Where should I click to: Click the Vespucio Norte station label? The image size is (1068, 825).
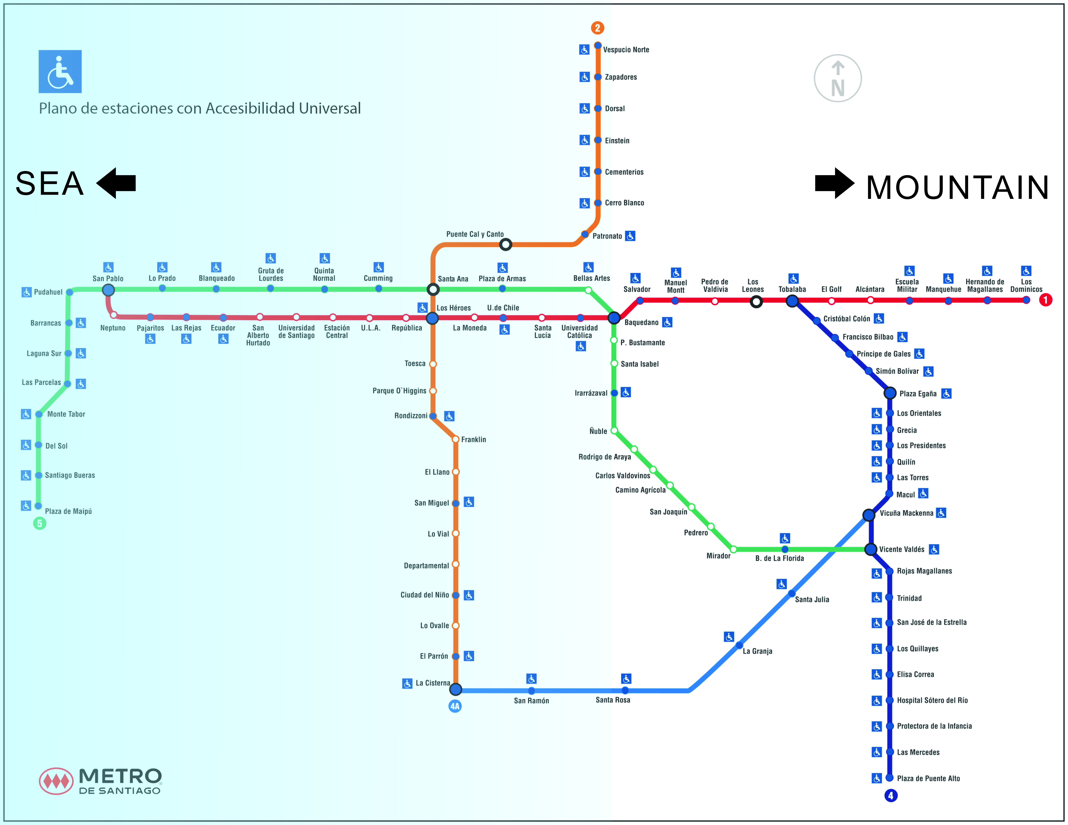coord(626,49)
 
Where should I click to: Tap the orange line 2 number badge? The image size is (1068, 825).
coord(597,28)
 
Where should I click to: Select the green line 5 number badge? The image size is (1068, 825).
coord(40,523)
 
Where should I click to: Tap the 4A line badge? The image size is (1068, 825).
coord(455,706)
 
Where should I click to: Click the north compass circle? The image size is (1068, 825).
coord(838,78)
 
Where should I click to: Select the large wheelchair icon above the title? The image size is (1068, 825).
coord(60,71)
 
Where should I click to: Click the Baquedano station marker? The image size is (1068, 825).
coord(614,318)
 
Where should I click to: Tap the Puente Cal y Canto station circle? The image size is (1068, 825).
coord(506,244)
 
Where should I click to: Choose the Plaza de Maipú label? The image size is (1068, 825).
coord(68,511)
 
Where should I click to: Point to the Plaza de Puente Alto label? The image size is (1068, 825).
coord(928,778)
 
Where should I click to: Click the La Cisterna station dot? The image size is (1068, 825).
coord(455,690)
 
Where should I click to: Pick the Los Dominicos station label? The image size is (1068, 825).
coord(1026,286)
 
